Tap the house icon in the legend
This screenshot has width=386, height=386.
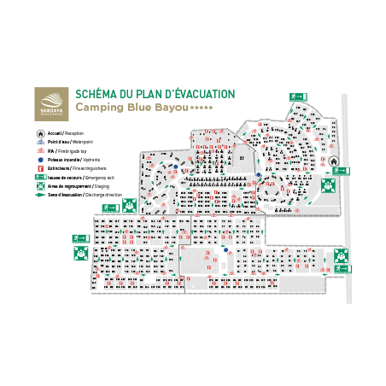[x=40, y=134]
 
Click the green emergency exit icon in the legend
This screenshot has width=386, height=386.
[x=39, y=178]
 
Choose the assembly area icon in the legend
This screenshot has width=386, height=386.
[x=39, y=186]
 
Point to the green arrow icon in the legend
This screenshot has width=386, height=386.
[x=39, y=195]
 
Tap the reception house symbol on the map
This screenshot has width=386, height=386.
[x=334, y=160]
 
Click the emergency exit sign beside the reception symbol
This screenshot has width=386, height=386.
[x=342, y=171]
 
